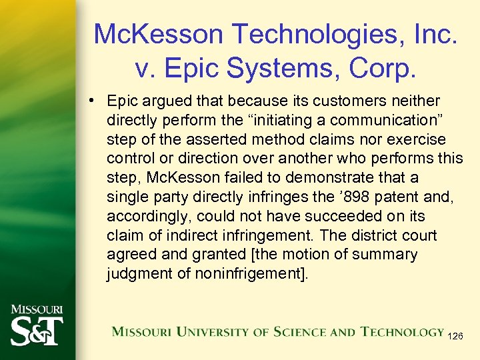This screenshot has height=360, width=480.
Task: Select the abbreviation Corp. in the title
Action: pyautogui.click(x=391, y=67)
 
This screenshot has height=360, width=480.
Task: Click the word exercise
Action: pyautogui.click(x=419, y=140)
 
